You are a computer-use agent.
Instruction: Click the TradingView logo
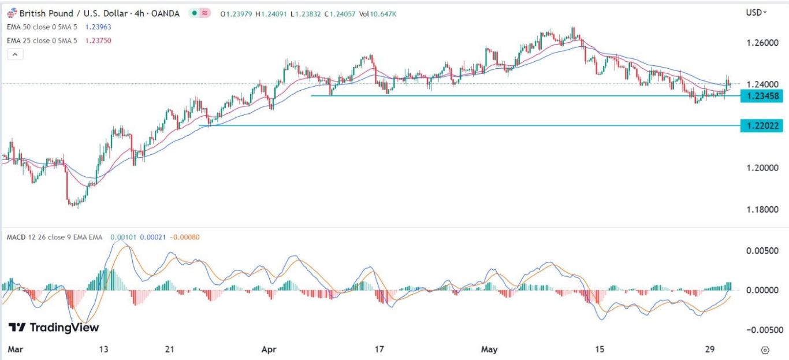(54, 328)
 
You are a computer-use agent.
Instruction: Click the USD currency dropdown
(756, 12)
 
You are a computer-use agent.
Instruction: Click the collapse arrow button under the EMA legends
(15, 54)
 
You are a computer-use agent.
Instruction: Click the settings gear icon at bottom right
(765, 350)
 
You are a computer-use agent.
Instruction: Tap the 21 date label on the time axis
(169, 350)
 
